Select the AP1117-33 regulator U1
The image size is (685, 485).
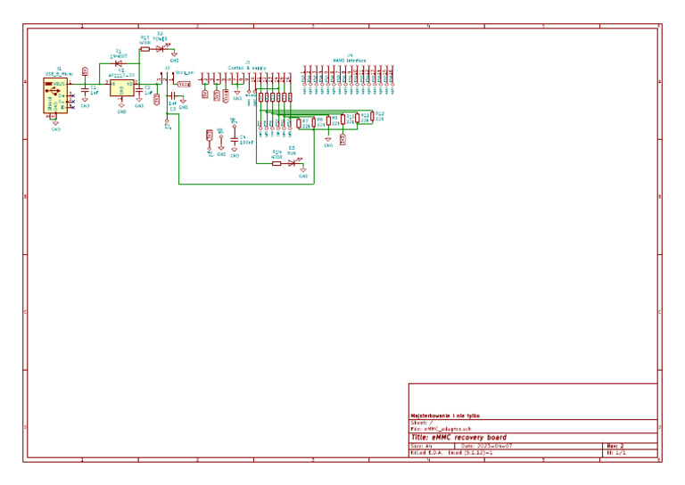pos(122,88)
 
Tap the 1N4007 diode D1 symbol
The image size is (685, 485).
pos(119,62)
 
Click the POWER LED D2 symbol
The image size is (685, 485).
pos(161,49)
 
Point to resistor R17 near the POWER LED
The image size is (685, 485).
pos(145,49)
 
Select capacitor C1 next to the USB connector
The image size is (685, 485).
pos(86,91)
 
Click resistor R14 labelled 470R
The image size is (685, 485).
pos(276,163)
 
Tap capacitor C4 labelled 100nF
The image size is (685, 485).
pos(235,140)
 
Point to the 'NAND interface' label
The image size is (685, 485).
pos(350,60)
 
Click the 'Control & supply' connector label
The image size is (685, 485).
pos(246,67)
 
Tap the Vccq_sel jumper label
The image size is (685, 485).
pos(185,72)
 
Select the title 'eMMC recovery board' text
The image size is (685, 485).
pos(458,437)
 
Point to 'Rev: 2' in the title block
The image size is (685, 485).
pos(615,446)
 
